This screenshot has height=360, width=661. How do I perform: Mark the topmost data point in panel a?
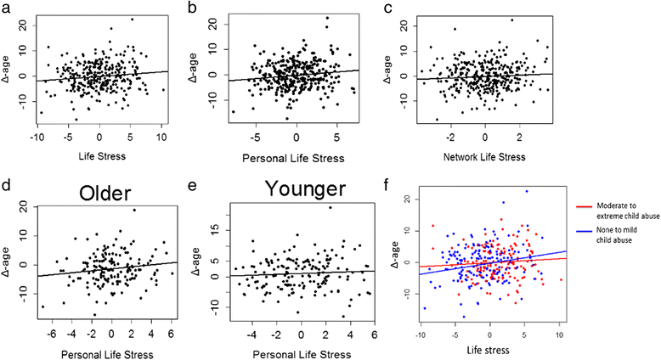pyautogui.click(x=132, y=19)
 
